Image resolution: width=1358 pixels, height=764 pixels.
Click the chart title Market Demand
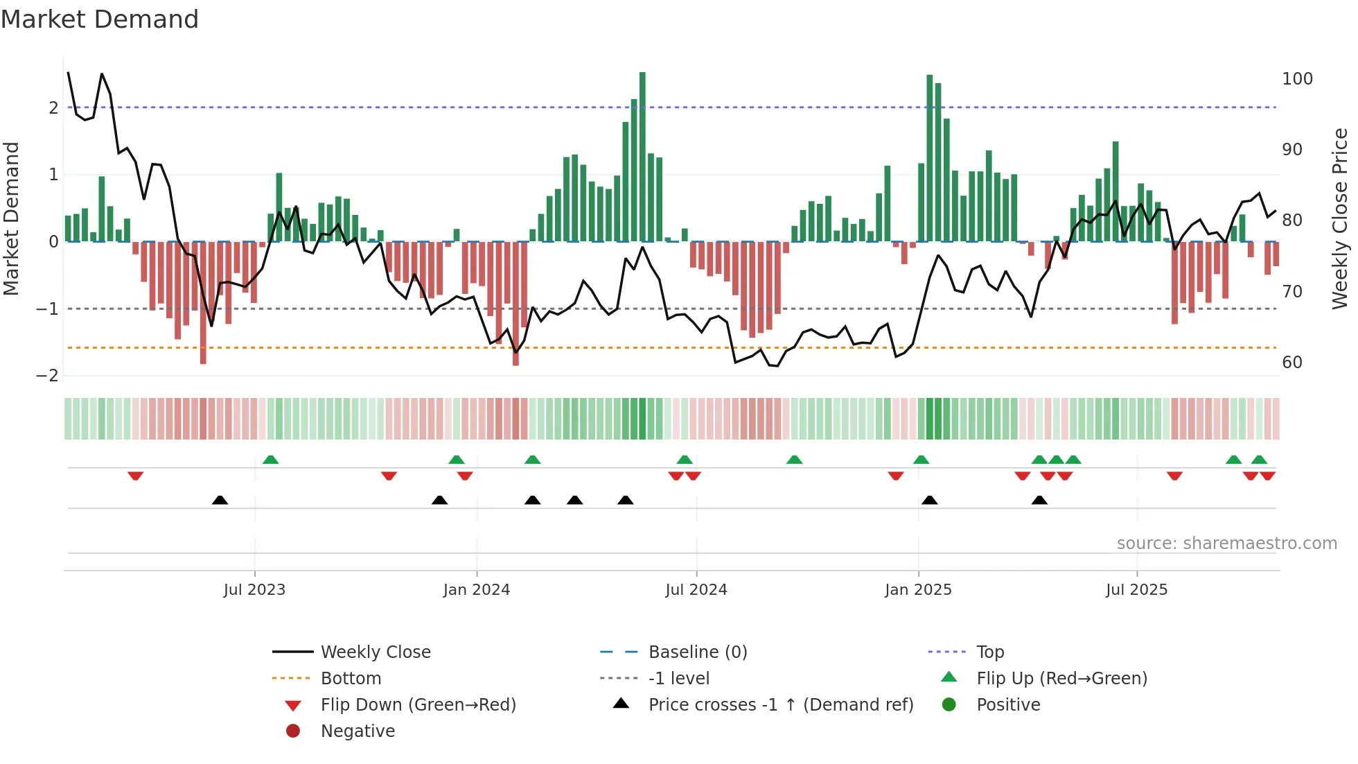[100, 19]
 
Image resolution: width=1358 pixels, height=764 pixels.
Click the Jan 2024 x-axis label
[477, 590]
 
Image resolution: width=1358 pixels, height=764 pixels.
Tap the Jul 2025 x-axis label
[1136, 590]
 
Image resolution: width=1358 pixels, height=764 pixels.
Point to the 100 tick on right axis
[1297, 79]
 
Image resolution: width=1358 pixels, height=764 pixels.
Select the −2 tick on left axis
[48, 376]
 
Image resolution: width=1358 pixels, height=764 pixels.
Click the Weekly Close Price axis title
[1340, 218]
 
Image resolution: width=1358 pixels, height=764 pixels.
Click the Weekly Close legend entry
[375, 652]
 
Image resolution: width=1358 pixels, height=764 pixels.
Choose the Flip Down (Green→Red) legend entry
[418, 705]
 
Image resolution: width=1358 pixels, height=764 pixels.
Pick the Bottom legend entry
[351, 679]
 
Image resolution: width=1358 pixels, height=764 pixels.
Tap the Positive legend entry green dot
[949, 705]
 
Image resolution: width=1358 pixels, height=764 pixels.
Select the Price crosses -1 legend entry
[780, 705]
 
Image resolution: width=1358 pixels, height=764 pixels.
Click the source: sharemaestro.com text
[1226, 544]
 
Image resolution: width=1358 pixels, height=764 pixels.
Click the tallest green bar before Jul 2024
[642, 157]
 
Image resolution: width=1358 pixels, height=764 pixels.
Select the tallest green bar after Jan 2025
[929, 158]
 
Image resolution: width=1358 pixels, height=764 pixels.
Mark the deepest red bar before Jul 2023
[203, 302]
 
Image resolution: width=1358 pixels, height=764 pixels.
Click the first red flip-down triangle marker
[136, 476]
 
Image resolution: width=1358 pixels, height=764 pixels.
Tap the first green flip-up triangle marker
[271, 460]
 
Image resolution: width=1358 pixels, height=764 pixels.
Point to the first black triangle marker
[220, 500]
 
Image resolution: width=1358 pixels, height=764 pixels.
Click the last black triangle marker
[1039, 500]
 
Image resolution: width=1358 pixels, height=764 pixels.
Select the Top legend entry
[989, 652]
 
